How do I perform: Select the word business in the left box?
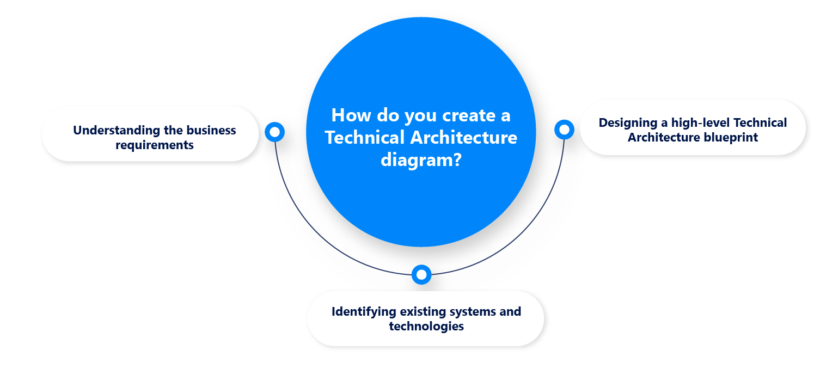[211, 131]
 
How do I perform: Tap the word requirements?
[155, 145]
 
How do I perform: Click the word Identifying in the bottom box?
[364, 312]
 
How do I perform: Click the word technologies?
[426, 327]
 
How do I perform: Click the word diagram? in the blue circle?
[421, 161]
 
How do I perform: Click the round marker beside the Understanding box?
[275, 132]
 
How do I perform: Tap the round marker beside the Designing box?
[564, 130]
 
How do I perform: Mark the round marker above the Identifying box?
[421, 275]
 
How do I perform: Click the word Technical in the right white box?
[760, 123]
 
